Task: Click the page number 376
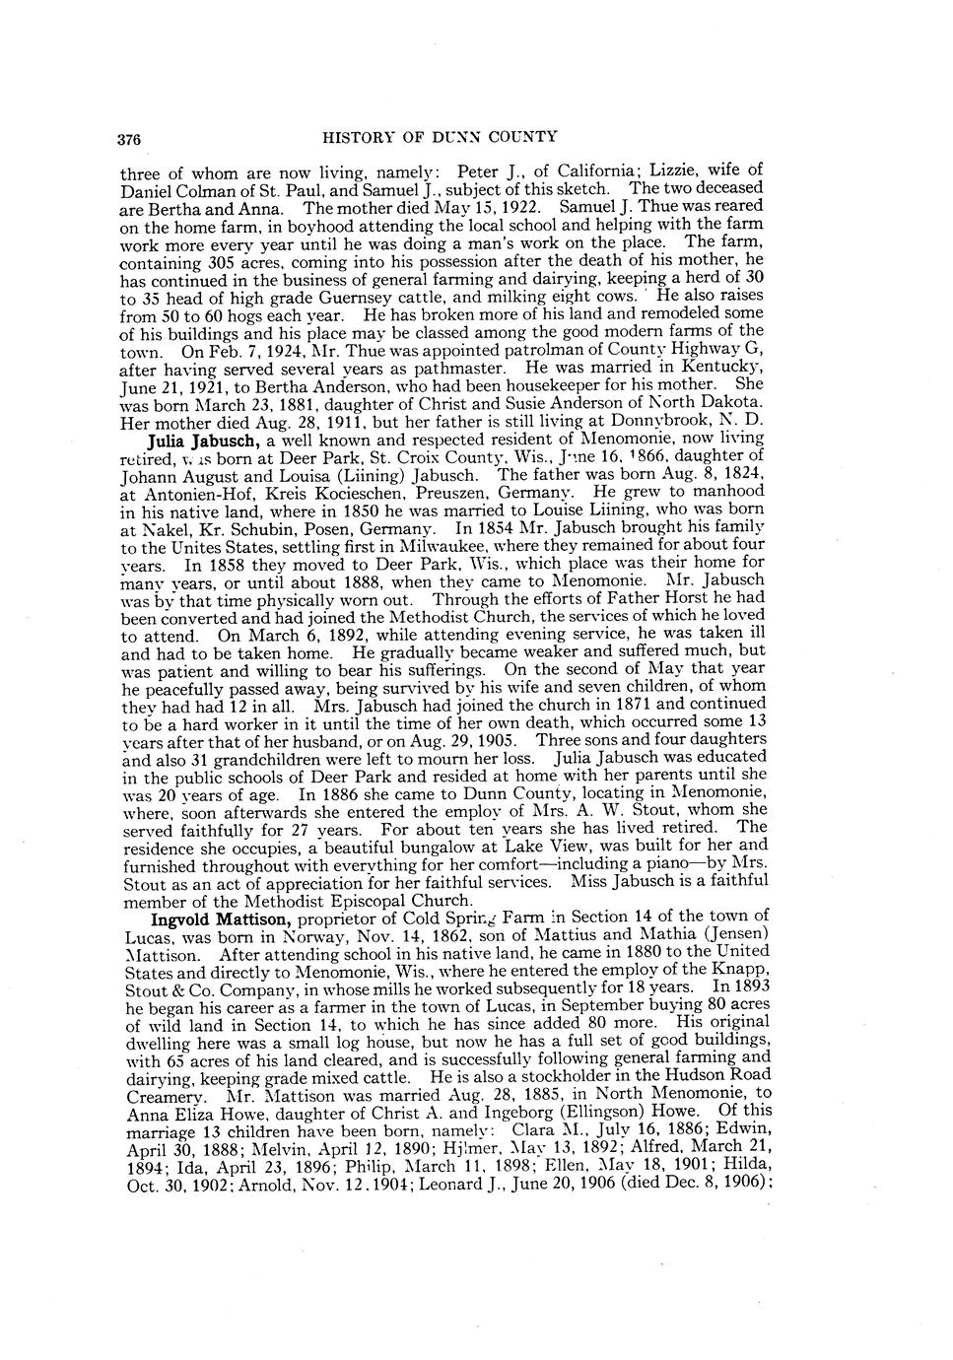click(130, 138)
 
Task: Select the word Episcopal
click(380, 901)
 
